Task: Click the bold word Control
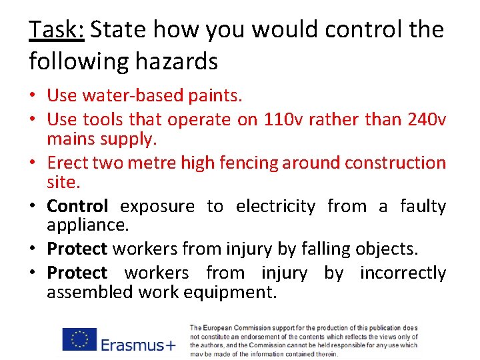[77, 206]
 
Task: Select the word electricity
[275, 207]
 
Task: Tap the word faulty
[423, 206]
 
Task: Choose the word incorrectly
[403, 273]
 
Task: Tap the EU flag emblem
[80, 339]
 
